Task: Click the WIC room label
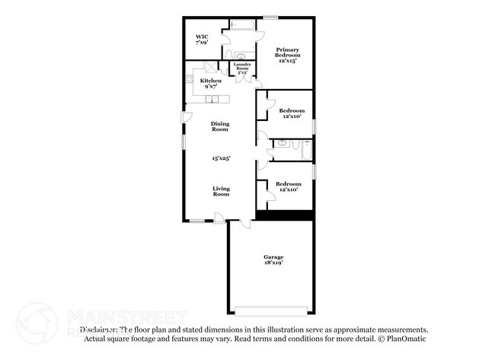tap(202, 37)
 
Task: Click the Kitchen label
tap(210, 81)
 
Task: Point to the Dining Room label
tap(220, 126)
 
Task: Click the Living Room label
tap(221, 191)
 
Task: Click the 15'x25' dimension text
tap(221, 158)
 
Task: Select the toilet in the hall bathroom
tap(281, 142)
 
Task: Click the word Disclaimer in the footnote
tap(99, 330)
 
